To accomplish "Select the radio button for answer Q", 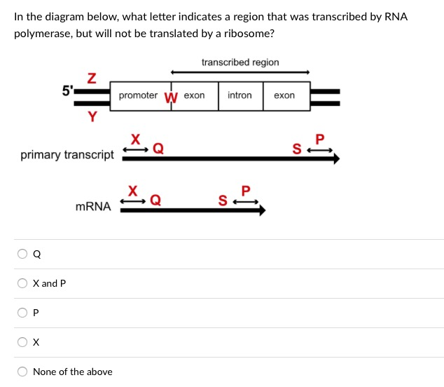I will pos(23,254).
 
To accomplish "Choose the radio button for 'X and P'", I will pos(23,284).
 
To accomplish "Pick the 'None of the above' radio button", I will pos(23,372).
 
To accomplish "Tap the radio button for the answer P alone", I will pos(23,313).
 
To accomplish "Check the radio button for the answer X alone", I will pos(23,343).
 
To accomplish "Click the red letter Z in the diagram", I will pos(91,77).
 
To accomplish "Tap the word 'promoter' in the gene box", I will pos(138,95).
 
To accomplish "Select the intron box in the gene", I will pos(240,95).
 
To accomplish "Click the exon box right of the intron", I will pos(284,95).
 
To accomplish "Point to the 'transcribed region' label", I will pos(240,62).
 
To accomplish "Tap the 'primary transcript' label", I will pos(67,154).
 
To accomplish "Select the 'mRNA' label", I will pos(93,206).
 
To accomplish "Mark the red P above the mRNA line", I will pos(245,190).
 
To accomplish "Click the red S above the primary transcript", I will pos(297,148).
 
